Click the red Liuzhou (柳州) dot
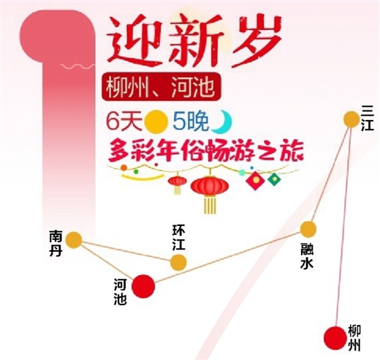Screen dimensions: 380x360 [x=335, y=338]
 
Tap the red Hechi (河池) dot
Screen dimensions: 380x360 [x=143, y=286]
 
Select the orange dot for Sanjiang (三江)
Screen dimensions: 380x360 [x=351, y=119]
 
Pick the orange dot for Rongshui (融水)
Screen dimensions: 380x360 [x=308, y=229]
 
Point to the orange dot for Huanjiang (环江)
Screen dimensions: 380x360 [x=178, y=263]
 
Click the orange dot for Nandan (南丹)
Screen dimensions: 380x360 [x=74, y=240]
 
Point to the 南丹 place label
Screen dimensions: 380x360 [x=56, y=243]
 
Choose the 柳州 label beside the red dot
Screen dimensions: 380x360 [x=354, y=337]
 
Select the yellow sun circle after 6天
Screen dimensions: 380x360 [x=156, y=122]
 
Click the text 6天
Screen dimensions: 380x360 [x=124, y=121]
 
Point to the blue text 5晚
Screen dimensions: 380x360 [x=191, y=121]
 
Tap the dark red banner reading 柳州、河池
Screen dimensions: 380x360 [x=161, y=87]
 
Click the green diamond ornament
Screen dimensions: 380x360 [x=274, y=179]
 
